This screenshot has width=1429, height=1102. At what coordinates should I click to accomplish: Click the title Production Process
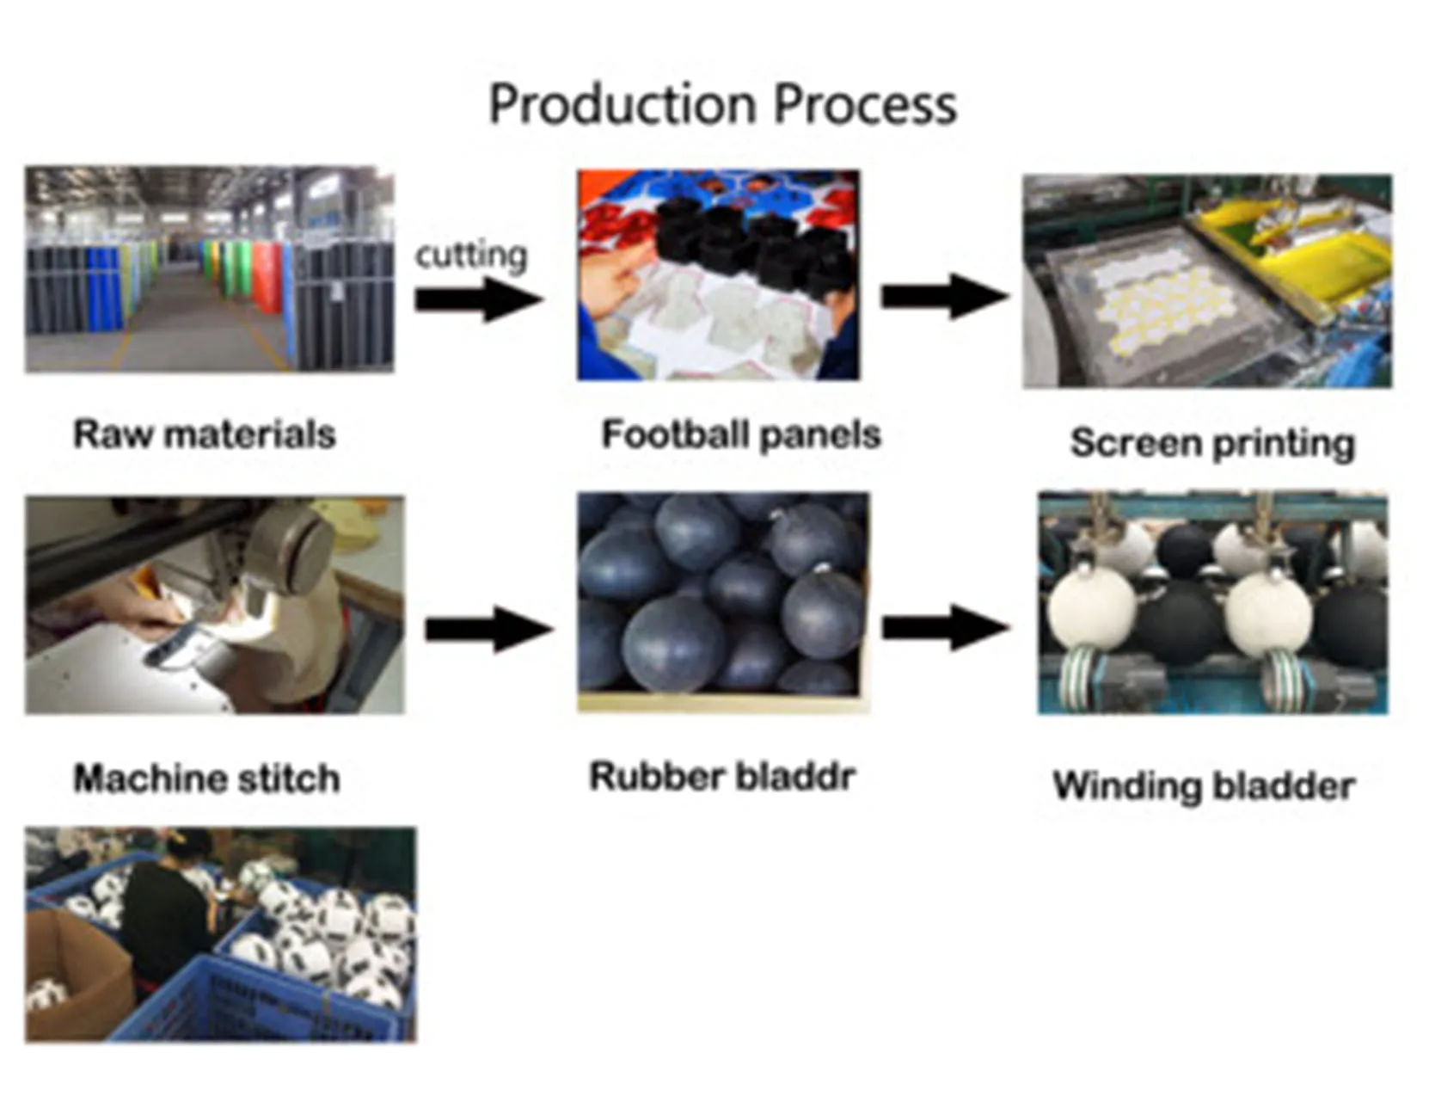tap(722, 105)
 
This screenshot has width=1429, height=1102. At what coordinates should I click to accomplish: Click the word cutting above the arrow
tap(471, 255)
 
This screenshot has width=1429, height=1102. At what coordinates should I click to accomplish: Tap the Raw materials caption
tap(205, 434)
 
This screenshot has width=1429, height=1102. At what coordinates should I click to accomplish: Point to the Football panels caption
tap(740, 434)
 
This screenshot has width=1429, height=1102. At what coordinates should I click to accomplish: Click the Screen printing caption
tap(1212, 444)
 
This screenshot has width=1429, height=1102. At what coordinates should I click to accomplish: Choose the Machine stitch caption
tap(206, 779)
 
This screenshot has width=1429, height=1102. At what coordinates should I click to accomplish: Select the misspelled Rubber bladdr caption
tap(722, 777)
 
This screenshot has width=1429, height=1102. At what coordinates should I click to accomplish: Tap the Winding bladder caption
tap(1204, 786)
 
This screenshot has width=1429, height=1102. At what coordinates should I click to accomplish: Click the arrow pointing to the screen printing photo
tap(944, 297)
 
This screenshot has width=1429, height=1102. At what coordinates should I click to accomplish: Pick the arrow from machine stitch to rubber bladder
tap(488, 630)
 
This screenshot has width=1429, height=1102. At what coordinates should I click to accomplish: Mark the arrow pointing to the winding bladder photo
tap(944, 628)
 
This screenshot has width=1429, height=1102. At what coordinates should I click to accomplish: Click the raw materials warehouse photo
tap(209, 269)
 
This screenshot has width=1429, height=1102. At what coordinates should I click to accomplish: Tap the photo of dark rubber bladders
tap(722, 602)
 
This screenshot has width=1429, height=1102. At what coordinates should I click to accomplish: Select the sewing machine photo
tap(214, 605)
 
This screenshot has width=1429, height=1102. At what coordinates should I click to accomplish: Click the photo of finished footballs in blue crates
tap(220, 934)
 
